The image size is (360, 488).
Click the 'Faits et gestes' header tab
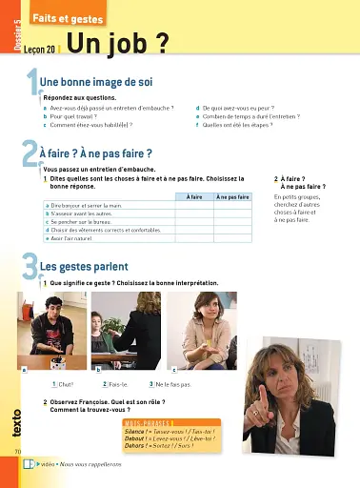(59, 19)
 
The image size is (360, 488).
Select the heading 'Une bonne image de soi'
(95, 83)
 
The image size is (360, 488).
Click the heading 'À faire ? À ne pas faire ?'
(96, 152)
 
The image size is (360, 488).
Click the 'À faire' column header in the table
(194, 196)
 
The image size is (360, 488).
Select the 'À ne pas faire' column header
(233, 196)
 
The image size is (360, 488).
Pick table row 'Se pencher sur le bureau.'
(87, 222)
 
